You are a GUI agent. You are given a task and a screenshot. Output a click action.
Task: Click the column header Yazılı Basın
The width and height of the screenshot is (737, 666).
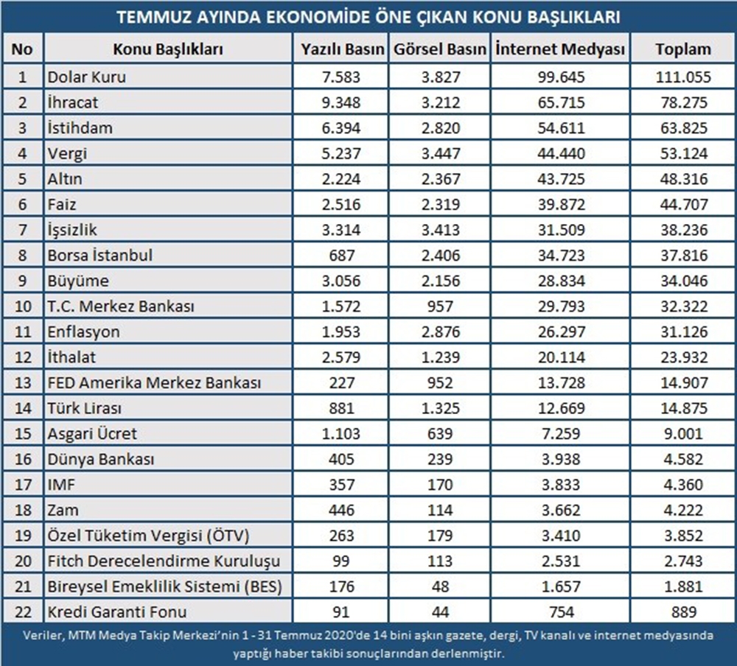[343, 50]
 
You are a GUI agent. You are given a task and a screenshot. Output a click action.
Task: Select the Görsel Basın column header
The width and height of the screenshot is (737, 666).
[440, 50]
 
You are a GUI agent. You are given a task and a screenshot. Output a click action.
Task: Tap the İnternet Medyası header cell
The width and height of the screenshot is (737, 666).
[559, 50]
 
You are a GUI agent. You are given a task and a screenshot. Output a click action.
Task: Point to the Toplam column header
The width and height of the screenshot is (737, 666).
[682, 50]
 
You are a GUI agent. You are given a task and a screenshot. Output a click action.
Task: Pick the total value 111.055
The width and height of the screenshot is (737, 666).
[682, 77]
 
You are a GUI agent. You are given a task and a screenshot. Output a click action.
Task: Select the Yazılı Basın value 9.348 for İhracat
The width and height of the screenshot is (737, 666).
[343, 102]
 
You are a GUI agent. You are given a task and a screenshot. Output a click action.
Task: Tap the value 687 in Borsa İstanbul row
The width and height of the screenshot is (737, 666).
[343, 256]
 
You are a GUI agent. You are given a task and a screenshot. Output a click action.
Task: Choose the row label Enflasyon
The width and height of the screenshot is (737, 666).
[83, 332]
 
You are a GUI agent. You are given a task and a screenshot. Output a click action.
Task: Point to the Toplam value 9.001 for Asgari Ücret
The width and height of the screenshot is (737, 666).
[682, 434]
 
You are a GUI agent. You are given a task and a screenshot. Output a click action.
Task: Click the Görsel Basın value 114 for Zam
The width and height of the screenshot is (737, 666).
[440, 511]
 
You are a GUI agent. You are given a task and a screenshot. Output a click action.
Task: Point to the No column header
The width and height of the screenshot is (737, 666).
[23, 50]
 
